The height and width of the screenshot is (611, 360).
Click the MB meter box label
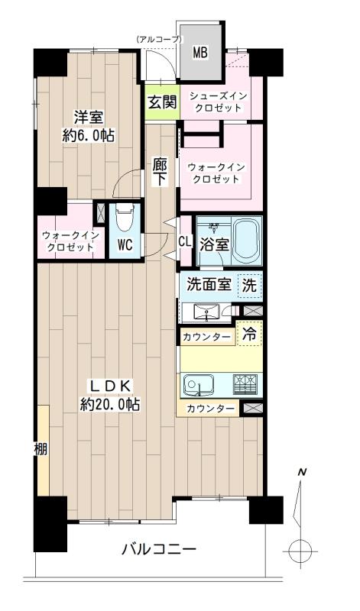point(200,53)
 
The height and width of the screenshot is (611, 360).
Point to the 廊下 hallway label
point(160,171)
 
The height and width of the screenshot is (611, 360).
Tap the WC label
point(125,246)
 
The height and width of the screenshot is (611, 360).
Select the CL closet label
point(184,241)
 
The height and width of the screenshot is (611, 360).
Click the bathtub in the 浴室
point(248,241)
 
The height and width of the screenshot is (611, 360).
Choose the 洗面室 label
point(209,286)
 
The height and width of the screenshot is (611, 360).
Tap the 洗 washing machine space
point(249,286)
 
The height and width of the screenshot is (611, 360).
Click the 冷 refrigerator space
point(250,333)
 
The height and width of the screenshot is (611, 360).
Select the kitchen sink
point(201,383)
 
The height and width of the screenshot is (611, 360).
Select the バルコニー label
point(159,550)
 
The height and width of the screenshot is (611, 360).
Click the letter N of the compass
point(302,473)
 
